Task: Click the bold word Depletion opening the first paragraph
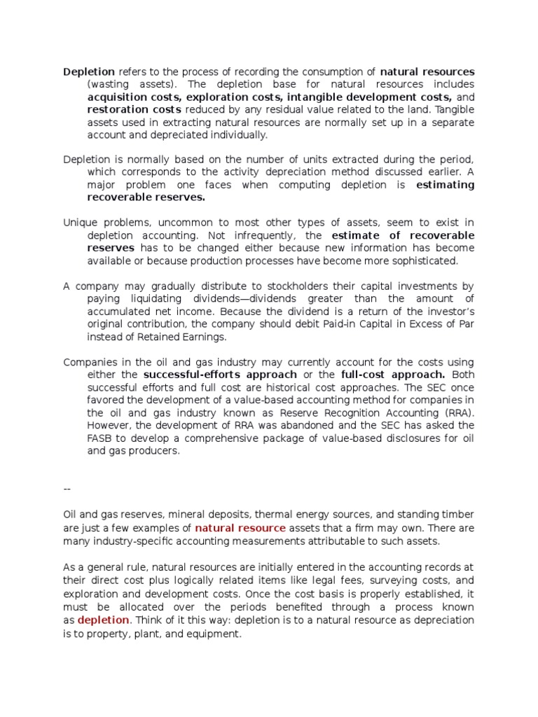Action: pyautogui.click(x=89, y=72)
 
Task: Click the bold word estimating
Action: pyautogui.click(x=445, y=185)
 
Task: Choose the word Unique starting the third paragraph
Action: pyautogui.click(x=80, y=223)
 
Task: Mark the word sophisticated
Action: pyautogui.click(x=425, y=260)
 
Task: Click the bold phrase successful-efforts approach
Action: pyautogui.click(x=220, y=375)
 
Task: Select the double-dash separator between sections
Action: pyautogui.click(x=67, y=489)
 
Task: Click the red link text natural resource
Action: pyautogui.click(x=240, y=527)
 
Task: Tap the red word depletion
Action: pyautogui.click(x=103, y=620)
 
